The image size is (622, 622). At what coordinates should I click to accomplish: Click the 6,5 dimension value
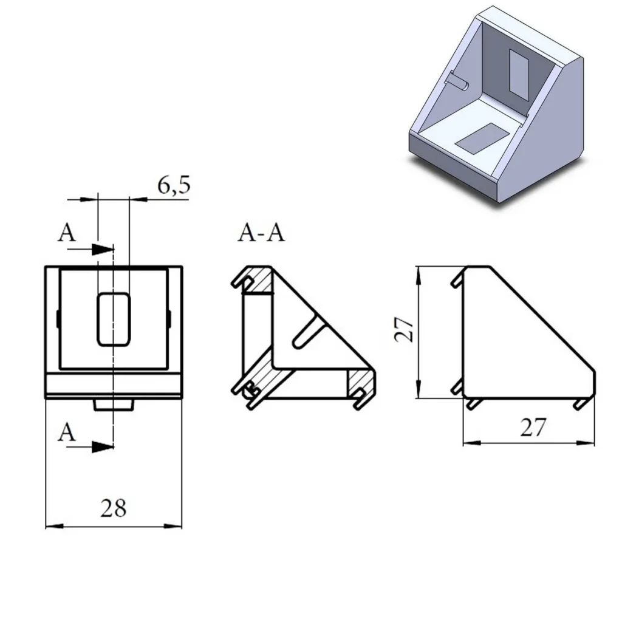point(173,185)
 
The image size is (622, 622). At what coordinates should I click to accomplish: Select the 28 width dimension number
point(114,508)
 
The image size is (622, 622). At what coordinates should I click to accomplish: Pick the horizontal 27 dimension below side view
point(533,428)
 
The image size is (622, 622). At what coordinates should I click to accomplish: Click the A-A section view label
point(261,233)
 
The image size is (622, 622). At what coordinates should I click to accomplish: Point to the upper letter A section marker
point(67,233)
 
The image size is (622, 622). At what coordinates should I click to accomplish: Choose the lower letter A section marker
point(67,432)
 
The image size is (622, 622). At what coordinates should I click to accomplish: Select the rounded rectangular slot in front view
point(114,319)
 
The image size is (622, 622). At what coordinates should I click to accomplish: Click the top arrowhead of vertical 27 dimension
point(418,274)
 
